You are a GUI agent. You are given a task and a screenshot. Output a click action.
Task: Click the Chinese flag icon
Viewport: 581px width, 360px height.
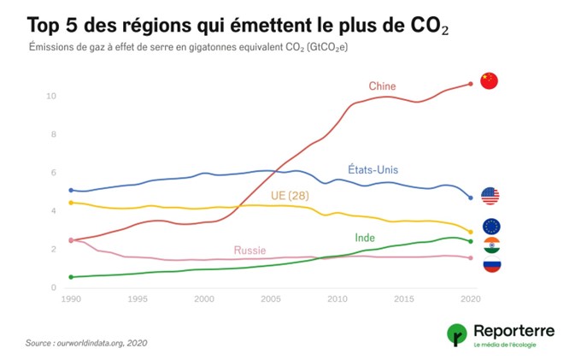(489, 81)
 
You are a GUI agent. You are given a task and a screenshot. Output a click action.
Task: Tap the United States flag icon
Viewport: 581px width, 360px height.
(490, 196)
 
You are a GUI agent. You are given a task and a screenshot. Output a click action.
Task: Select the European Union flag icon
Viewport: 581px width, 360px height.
(490, 227)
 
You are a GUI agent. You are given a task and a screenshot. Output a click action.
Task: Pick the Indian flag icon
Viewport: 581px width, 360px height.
(490, 246)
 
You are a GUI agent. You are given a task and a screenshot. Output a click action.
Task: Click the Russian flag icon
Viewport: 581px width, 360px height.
(490, 264)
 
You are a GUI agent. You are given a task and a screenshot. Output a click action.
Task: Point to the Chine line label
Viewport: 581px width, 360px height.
(382, 86)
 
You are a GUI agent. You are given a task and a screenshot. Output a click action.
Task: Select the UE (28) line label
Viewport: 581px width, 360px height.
(289, 196)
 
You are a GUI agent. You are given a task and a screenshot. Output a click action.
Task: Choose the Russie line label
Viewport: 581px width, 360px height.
(249, 251)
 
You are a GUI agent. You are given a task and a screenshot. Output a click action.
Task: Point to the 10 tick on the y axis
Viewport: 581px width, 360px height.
(51, 96)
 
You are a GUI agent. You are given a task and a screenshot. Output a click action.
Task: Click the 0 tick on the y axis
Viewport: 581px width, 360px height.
(53, 287)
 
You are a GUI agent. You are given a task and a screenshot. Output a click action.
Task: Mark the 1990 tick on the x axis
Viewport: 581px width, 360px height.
(71, 299)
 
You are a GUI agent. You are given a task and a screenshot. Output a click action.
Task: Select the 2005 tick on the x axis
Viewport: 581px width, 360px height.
(270, 299)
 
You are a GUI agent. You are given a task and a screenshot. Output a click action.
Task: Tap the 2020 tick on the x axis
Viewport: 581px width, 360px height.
(470, 299)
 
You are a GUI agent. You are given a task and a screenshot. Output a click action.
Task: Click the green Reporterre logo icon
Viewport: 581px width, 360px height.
(457, 334)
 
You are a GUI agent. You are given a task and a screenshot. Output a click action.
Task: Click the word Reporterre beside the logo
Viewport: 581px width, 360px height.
(514, 329)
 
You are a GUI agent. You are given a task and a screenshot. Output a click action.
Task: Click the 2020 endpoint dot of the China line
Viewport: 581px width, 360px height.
(470, 84)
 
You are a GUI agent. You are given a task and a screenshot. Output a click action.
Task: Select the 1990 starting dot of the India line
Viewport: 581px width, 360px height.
(71, 277)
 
